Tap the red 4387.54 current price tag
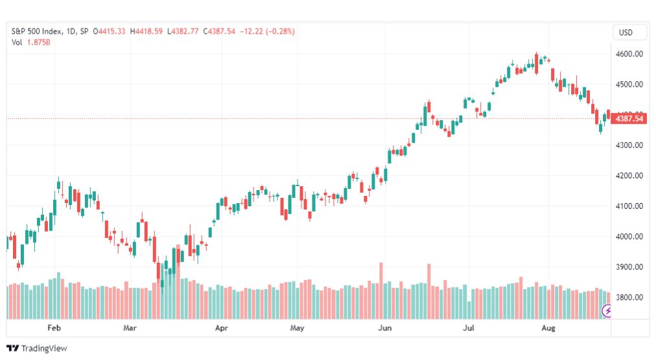pyautogui.click(x=629, y=119)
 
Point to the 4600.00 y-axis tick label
pyautogui.click(x=629, y=54)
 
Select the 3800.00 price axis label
pyautogui.click(x=629, y=297)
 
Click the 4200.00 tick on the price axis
pyautogui.click(x=629, y=176)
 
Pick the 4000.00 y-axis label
pyautogui.click(x=629, y=237)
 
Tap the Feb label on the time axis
pyautogui.click(x=54, y=328)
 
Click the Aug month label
pyautogui.click(x=548, y=328)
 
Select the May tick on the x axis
pyautogui.click(x=297, y=328)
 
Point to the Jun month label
pyautogui.click(x=385, y=328)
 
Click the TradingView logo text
pyautogui.click(x=44, y=348)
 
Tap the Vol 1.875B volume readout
pyautogui.click(x=31, y=42)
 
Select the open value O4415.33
pyautogui.click(x=109, y=31)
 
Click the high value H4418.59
pyautogui.click(x=146, y=31)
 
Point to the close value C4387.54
pyautogui.click(x=219, y=31)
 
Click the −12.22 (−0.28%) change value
pyautogui.click(x=267, y=31)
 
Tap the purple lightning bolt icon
pyautogui.click(x=606, y=311)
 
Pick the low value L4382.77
pyautogui.click(x=183, y=31)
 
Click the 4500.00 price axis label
pyautogui.click(x=629, y=84)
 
